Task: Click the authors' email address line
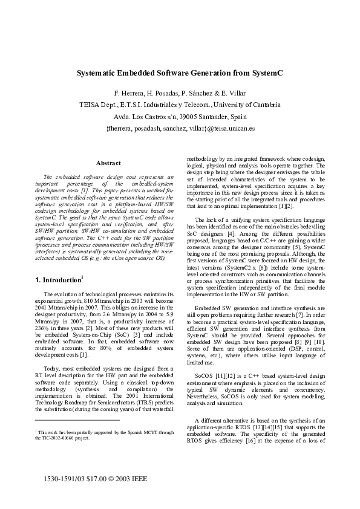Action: [x=180, y=128]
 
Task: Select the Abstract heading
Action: [x=108, y=163]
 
